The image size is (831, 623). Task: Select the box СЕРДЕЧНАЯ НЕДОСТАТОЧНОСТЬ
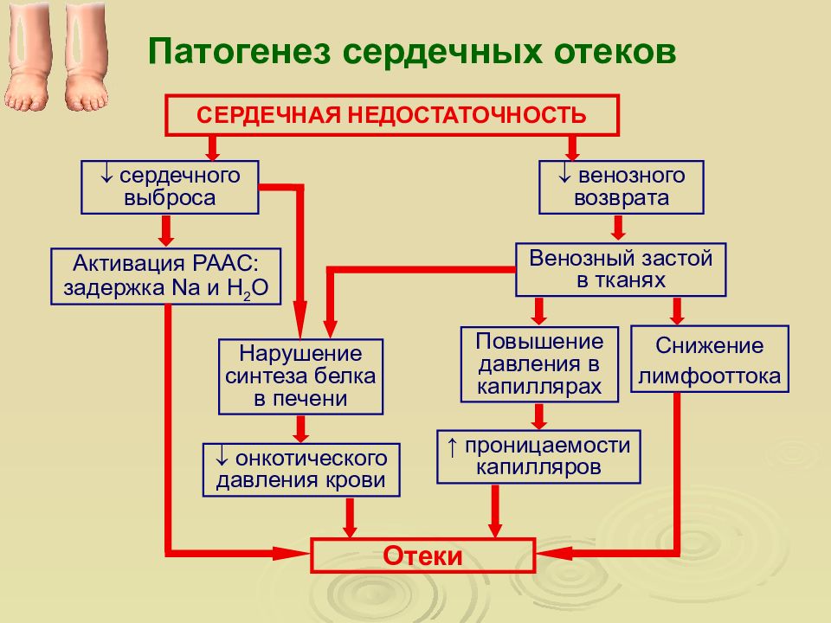coord(392,115)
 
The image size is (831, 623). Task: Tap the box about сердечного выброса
coord(170,187)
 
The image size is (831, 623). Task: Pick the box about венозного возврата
coord(622,187)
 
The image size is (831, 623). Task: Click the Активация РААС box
coord(166,277)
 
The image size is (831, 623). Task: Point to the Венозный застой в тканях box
coord(621,270)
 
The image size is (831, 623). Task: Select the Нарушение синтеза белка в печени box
coord(300,376)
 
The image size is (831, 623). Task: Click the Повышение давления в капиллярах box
coord(539,364)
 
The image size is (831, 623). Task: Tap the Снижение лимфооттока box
coord(710,359)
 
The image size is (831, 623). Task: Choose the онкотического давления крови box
coord(301,470)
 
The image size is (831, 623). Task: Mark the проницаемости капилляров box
coord(538,457)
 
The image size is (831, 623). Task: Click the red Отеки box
coord(422,556)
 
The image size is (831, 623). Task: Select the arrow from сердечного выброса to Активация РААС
coord(166,231)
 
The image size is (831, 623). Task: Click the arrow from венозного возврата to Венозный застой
coord(618,228)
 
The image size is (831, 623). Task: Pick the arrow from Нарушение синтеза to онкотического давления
coord(301,429)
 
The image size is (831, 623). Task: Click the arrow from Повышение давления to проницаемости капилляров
coord(539,416)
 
